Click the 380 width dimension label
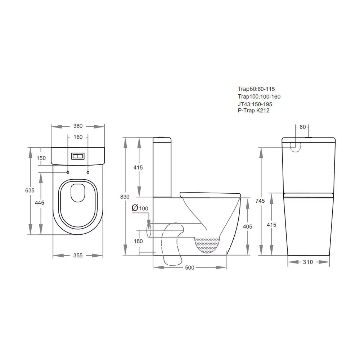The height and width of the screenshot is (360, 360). [x=78, y=126]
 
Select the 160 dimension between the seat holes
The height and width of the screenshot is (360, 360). [x=78, y=137]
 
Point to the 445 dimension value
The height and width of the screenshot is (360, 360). [x=40, y=203]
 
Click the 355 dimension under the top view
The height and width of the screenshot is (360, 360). [x=78, y=255]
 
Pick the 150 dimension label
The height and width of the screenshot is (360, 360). [x=41, y=158]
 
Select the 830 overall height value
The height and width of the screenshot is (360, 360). [x=125, y=197]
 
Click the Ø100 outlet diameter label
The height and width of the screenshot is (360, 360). [x=140, y=208]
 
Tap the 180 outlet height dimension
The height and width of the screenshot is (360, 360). [x=138, y=241]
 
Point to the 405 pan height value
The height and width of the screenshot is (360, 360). [x=248, y=226]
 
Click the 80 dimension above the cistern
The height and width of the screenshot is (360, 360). [x=302, y=127]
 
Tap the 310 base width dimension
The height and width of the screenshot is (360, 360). [x=308, y=262]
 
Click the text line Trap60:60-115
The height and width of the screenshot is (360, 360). [x=258, y=89]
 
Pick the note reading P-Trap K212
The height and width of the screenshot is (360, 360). [x=253, y=111]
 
